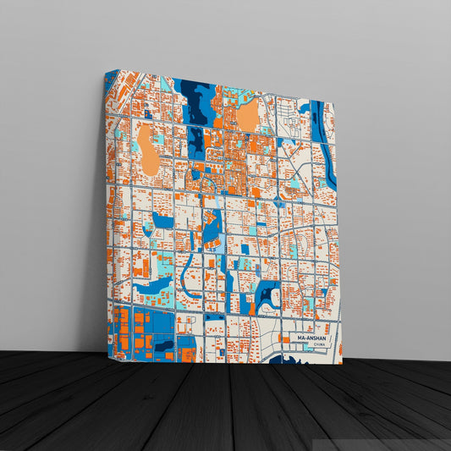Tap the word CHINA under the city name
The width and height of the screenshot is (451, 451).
click(x=318, y=344)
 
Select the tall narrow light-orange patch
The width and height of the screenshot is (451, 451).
click(x=148, y=150)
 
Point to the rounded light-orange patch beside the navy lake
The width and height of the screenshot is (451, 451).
click(x=247, y=115)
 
